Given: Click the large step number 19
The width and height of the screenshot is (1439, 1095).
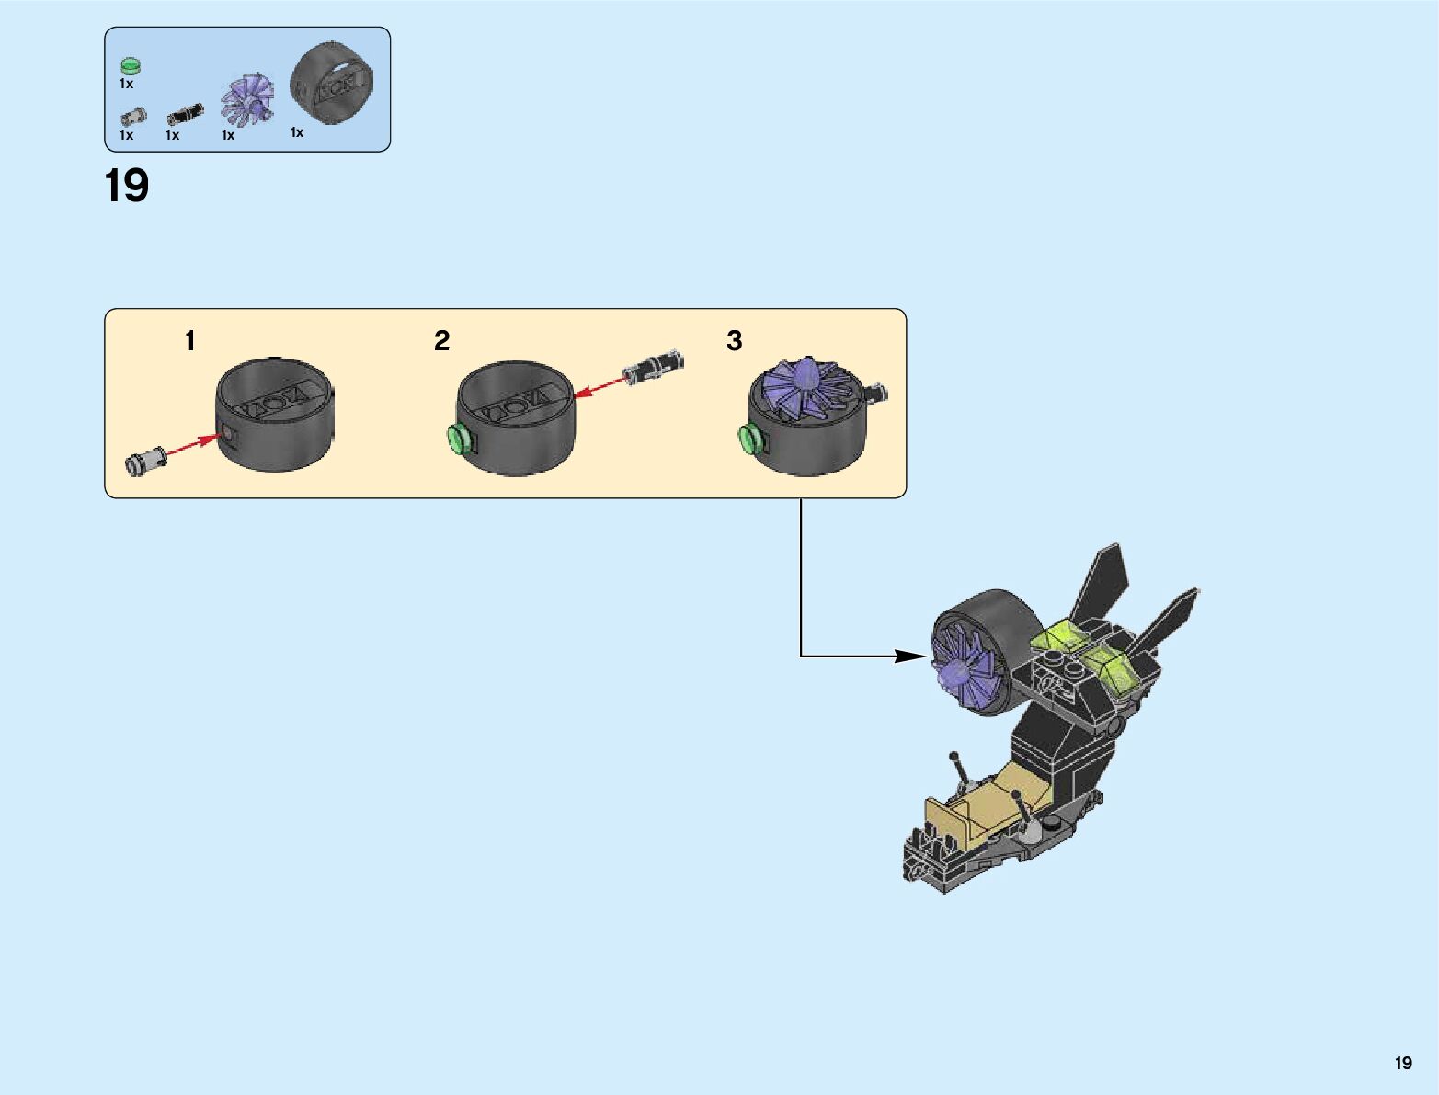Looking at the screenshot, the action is coord(127,187).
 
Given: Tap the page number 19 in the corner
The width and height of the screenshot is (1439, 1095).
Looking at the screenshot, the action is coord(1402,1063).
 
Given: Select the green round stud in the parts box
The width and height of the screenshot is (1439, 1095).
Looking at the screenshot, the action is coord(130,65).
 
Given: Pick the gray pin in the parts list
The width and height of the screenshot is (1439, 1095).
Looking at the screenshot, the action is coord(132,117).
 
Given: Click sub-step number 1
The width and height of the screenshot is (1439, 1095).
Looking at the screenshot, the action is coord(190,341).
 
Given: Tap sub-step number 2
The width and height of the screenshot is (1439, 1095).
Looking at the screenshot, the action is coord(442,341).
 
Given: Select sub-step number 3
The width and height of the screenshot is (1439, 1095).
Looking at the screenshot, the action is coord(734,341).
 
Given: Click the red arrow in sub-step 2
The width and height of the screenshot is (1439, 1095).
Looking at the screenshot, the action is coord(600,386).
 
